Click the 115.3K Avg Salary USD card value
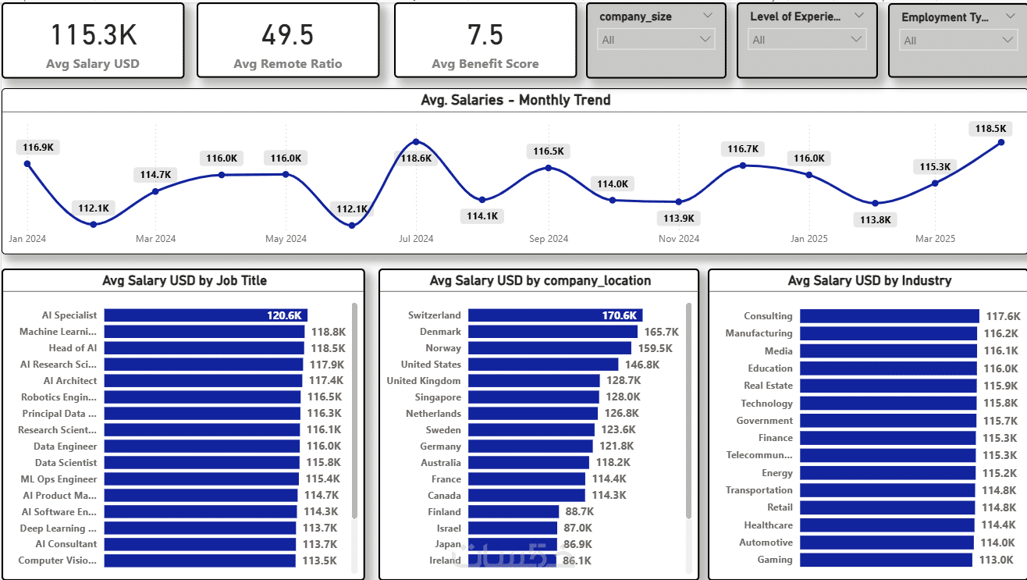tap(93, 35)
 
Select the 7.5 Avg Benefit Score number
tap(485, 35)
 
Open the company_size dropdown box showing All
tap(656, 40)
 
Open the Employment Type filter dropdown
tap(958, 41)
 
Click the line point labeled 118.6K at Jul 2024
tap(416, 142)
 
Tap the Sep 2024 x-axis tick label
tap(549, 239)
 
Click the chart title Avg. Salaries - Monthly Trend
tap(515, 100)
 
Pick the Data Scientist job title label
tap(66, 463)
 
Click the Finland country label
tap(444, 512)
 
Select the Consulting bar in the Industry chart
tap(889, 316)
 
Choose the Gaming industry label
tap(775, 560)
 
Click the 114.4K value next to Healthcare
tap(998, 525)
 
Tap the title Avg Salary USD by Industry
tap(869, 280)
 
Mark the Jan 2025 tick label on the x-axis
tap(808, 239)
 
